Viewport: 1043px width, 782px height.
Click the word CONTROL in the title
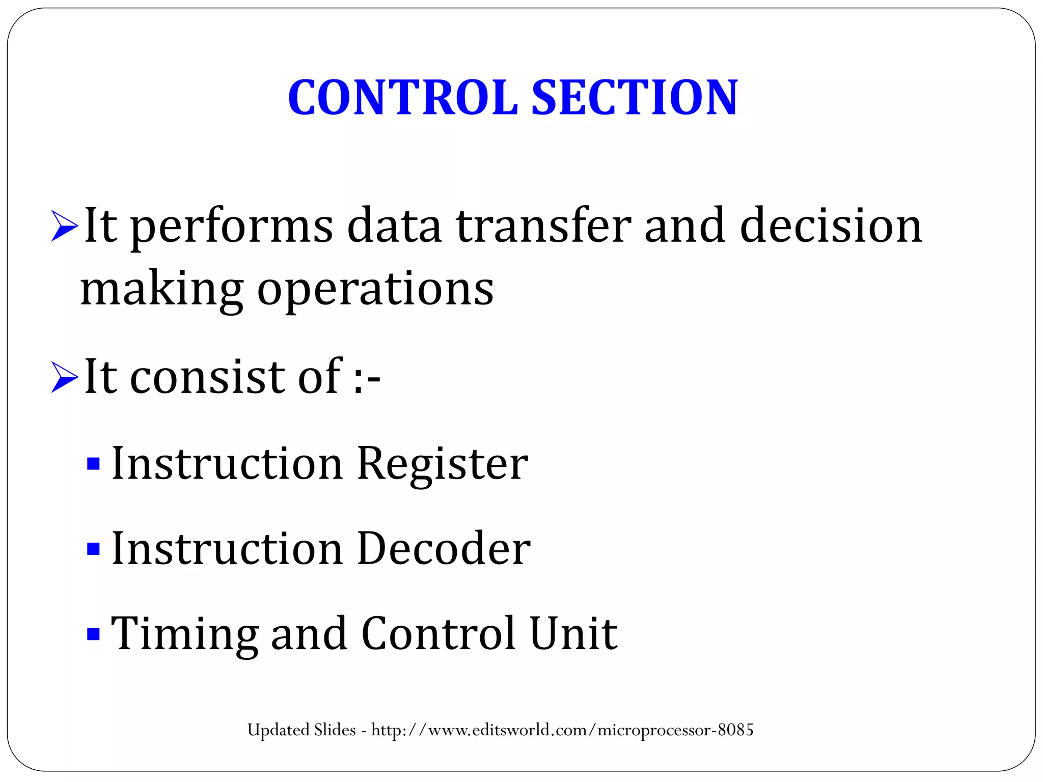click(x=402, y=97)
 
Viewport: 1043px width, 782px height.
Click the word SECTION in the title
click(x=635, y=97)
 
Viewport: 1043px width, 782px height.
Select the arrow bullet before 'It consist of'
click(x=65, y=378)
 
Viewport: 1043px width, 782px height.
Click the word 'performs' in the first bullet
click(x=232, y=227)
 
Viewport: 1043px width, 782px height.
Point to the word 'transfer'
click(x=543, y=226)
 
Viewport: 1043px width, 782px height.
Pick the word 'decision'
click(x=831, y=226)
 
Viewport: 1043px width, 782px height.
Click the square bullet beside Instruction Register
click(x=93, y=464)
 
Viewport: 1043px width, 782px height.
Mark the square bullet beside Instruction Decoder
click(x=93, y=549)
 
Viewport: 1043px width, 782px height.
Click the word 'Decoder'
click(x=444, y=549)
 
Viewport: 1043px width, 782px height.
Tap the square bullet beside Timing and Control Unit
click(x=93, y=634)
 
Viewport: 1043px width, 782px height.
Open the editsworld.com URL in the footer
click(x=562, y=730)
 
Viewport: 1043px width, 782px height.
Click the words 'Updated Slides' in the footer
click(x=301, y=730)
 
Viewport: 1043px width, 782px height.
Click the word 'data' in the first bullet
click(x=394, y=226)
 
